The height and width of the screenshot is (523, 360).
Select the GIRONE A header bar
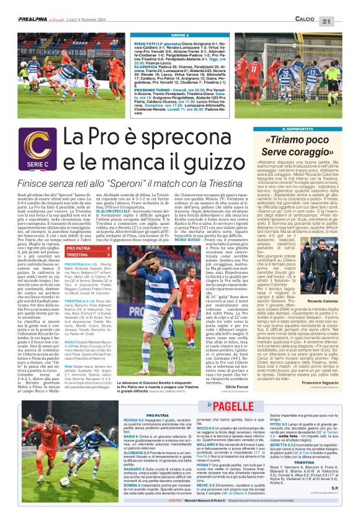180,36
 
